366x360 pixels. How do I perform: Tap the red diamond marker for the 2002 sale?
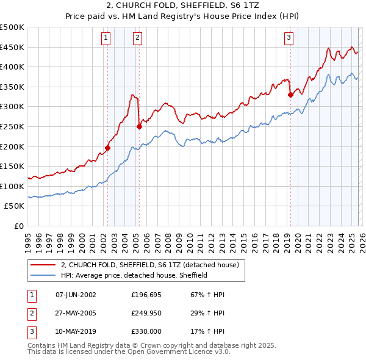(107, 147)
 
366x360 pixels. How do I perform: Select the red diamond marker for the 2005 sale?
(139, 126)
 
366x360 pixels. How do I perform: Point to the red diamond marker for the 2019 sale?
(290, 95)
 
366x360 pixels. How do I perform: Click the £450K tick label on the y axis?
(12, 47)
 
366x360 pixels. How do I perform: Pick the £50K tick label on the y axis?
(15, 206)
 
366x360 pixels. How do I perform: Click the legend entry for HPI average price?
(134, 275)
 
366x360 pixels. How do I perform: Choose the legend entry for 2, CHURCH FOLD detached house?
(152, 265)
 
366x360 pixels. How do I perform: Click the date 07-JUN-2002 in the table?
(76, 295)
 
